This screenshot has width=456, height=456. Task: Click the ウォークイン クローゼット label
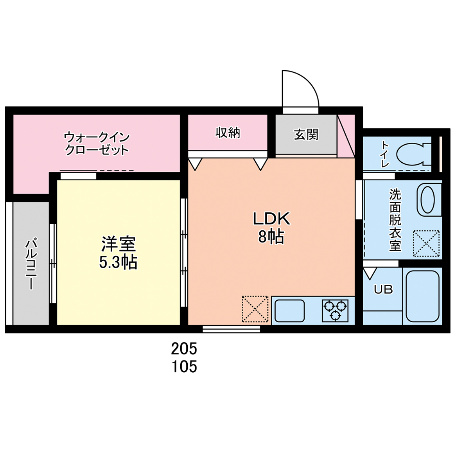point(97,144)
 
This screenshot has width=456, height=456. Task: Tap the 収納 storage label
point(228,133)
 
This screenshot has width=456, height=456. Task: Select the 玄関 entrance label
point(306,135)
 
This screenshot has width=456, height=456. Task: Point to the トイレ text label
point(385,154)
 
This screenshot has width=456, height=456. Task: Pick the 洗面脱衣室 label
point(395,220)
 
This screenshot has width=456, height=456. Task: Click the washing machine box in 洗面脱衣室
point(426,243)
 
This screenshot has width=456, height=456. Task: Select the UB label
point(383,289)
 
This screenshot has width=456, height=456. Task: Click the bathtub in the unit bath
point(422,296)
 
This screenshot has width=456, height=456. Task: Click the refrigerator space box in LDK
point(255,309)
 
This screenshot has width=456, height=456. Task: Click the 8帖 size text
point(271,237)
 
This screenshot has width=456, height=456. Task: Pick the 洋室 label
point(118,244)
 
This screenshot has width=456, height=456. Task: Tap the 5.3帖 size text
point(118,262)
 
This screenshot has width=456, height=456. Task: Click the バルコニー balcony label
point(31,263)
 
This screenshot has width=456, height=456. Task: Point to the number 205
point(184,348)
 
